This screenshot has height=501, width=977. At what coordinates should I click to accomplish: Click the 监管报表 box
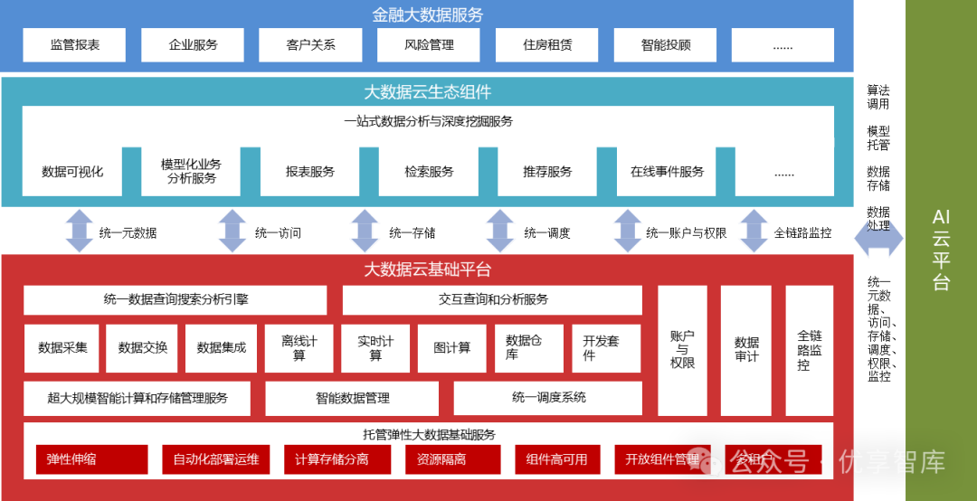click(74, 44)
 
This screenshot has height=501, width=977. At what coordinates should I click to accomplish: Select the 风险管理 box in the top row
click(429, 44)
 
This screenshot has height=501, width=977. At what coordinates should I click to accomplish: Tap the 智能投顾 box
click(665, 44)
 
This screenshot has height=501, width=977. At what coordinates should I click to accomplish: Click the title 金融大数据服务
click(428, 14)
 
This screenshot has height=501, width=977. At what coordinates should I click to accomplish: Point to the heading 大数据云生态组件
click(428, 92)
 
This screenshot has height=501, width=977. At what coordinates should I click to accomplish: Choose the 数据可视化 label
click(72, 171)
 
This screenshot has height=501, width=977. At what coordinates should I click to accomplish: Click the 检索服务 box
click(429, 171)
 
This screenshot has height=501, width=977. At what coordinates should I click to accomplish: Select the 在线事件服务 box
click(667, 171)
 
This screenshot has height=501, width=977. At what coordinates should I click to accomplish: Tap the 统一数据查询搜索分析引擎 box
click(175, 299)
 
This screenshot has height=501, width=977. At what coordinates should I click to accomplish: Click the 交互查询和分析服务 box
click(492, 299)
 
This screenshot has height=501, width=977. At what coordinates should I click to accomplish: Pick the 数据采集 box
click(62, 347)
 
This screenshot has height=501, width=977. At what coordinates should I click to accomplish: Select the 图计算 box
click(452, 347)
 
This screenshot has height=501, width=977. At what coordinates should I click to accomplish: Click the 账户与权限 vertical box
click(682, 350)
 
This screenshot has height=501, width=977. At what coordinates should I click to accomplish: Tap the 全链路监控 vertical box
click(809, 350)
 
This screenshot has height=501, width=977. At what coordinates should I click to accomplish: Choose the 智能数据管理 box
click(352, 397)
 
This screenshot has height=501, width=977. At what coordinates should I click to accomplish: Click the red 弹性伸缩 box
click(91, 459)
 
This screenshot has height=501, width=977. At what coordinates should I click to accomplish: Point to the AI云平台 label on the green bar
click(941, 250)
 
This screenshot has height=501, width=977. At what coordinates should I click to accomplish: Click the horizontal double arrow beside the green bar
click(877, 237)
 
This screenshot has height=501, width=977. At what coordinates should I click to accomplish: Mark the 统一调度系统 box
click(548, 397)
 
